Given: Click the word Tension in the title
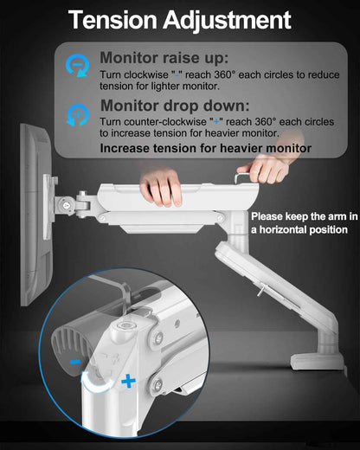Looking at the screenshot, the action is (112, 20).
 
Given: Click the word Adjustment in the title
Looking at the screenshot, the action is (227, 21).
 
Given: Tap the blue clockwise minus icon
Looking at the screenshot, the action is (77, 66).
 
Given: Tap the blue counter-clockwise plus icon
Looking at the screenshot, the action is (77, 115).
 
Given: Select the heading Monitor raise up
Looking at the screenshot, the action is (164, 58).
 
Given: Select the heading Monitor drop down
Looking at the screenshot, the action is (175, 106).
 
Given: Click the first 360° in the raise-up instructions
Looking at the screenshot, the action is (225, 74).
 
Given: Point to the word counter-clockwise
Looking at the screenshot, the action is (153, 122).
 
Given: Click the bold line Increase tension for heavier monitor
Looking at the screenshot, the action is (206, 148).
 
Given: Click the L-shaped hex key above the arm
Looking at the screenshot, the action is (241, 177).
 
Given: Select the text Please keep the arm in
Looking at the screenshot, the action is (305, 216).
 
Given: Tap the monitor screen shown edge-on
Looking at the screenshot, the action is (36, 215).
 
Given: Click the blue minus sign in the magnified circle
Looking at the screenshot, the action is (75, 362).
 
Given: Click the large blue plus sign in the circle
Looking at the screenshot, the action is (128, 382).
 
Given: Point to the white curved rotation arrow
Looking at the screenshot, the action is (97, 383).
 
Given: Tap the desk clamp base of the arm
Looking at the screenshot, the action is (318, 362).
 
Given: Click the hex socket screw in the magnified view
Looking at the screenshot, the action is (126, 326).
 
